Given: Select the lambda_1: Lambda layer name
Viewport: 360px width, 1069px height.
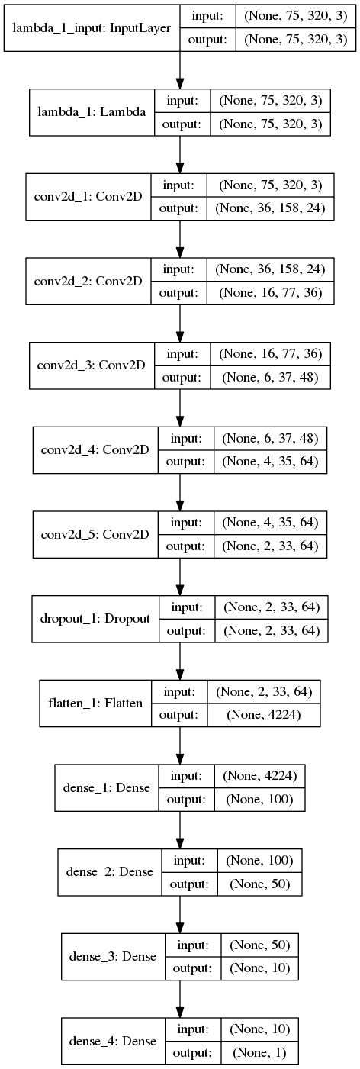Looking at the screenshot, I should (x=92, y=112).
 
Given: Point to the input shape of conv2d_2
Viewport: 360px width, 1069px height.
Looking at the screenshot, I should (x=271, y=269).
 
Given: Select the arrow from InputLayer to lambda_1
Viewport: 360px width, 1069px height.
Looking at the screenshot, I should (x=179, y=70).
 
